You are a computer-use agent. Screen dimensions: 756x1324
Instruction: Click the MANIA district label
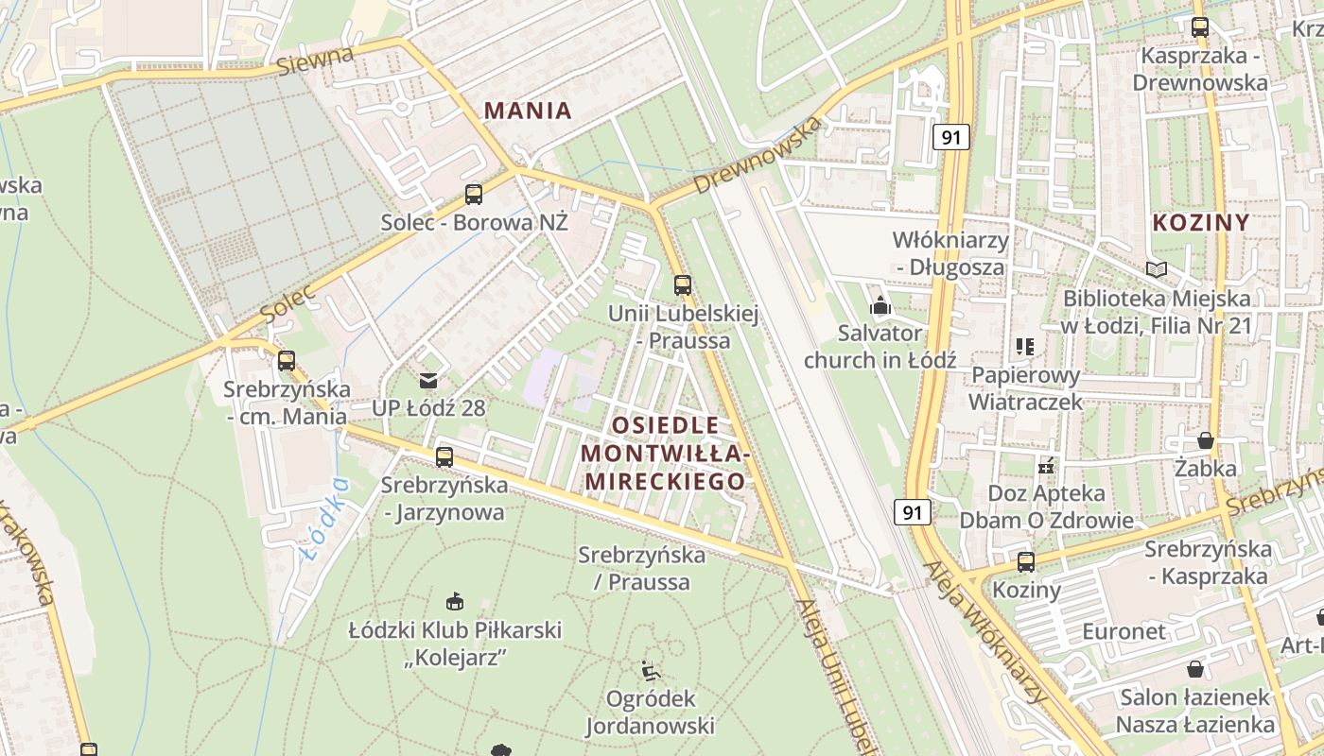[x=528, y=111]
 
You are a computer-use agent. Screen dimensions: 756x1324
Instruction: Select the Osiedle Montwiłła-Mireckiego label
[x=664, y=453]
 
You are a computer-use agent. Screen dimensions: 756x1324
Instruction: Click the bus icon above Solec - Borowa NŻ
[x=474, y=195]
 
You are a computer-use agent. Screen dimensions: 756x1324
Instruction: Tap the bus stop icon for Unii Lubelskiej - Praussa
[x=682, y=284]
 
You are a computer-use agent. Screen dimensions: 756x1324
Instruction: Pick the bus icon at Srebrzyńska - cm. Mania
[x=287, y=360]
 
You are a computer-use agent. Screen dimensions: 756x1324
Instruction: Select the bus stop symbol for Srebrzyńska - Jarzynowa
[x=444, y=457]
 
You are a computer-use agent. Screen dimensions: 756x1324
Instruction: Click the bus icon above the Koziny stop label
[x=1026, y=562]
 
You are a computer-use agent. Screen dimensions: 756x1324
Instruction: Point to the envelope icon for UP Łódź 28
[x=428, y=380]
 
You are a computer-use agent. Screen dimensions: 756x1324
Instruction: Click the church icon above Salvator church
[x=880, y=305]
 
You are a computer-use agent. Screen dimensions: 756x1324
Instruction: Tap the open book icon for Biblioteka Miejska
[x=1156, y=269]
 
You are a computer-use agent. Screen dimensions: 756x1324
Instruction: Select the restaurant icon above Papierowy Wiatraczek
[x=1025, y=347]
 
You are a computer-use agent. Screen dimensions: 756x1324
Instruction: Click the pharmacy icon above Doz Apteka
[x=1046, y=465]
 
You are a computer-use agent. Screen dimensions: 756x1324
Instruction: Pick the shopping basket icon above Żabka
[x=1205, y=440]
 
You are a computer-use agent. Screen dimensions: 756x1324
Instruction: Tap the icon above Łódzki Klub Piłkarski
[x=455, y=601]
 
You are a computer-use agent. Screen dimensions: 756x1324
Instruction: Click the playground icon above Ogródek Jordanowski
[x=651, y=670]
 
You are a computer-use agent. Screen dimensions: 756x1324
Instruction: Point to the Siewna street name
[x=316, y=60]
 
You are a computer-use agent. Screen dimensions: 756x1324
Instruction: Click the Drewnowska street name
[x=756, y=156]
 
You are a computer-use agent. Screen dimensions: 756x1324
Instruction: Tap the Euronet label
[x=1124, y=631]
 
